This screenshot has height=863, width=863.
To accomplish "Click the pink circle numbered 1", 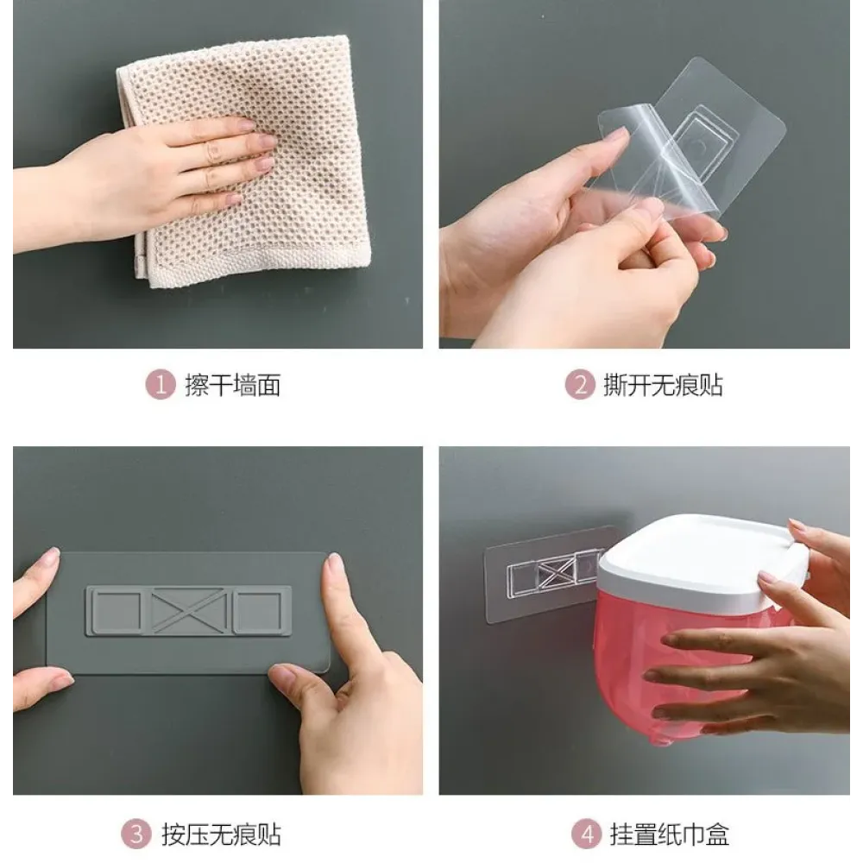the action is [161, 384].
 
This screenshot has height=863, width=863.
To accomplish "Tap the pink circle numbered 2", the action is [580, 384].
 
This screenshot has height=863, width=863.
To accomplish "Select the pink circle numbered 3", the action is [135, 834].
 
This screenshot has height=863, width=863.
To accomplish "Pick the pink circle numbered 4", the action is [587, 834].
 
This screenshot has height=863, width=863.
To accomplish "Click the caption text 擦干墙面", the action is [233, 385].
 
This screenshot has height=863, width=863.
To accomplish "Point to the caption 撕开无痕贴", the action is [663, 385].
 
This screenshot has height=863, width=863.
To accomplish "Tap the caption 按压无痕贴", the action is [221, 835].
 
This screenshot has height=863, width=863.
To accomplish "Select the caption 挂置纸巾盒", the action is [670, 835].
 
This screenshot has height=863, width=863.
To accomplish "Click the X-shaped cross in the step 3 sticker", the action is [188, 610].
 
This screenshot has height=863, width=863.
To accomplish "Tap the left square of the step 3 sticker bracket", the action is [117, 611].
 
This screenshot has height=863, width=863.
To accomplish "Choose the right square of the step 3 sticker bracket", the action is [260, 611].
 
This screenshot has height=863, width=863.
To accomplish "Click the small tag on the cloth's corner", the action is [140, 263].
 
